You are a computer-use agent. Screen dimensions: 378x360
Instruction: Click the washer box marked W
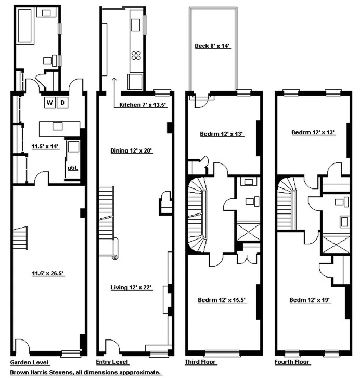click(50, 103)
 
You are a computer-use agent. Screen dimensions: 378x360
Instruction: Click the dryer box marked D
click(62, 103)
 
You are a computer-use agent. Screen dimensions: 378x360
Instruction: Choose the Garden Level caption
click(30, 362)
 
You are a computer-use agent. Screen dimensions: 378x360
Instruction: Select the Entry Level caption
click(113, 362)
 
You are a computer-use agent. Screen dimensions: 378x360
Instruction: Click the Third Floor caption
click(200, 362)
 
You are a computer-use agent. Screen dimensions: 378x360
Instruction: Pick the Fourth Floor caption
click(291, 362)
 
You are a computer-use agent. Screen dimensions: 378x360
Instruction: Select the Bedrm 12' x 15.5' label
click(223, 300)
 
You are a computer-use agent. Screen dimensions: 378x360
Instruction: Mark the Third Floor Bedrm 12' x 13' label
click(222, 134)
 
